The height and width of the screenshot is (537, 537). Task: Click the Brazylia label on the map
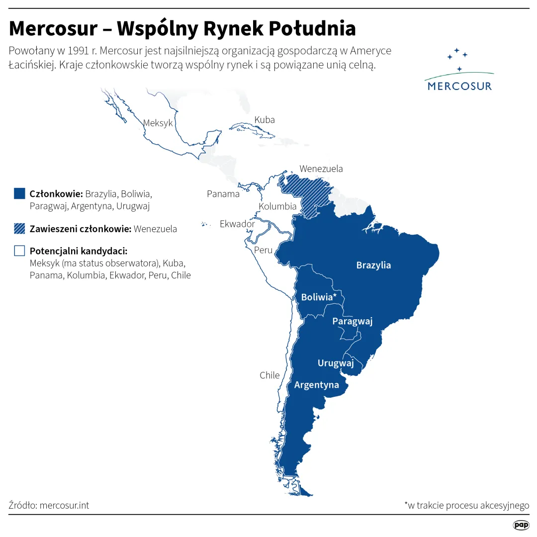[373, 265]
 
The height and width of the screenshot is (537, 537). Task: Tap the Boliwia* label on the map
[319, 297]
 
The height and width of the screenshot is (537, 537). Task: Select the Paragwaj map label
[352, 321]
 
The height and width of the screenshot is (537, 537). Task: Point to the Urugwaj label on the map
[335, 363]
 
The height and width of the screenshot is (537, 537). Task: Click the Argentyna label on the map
[316, 385]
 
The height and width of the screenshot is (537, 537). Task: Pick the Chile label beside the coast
[269, 375]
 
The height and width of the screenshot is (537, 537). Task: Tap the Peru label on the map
[263, 250]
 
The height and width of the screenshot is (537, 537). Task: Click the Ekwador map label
[237, 224]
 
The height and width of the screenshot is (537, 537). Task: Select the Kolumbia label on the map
[277, 206]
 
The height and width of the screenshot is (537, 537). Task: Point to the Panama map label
[223, 194]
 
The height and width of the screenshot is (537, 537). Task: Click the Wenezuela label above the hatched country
[321, 169]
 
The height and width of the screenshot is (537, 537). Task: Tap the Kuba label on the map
[264, 120]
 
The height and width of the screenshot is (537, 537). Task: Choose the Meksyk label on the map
[158, 123]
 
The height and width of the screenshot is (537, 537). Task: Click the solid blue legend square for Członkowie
[19, 193]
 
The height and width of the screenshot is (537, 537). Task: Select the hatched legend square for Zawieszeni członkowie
[19, 229]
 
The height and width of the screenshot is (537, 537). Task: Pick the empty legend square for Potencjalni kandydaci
[19, 251]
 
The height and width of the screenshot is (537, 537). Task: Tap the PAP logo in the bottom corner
[521, 525]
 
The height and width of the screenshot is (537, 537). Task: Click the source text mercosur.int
[64, 505]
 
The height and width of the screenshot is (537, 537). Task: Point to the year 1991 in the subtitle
[74, 51]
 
